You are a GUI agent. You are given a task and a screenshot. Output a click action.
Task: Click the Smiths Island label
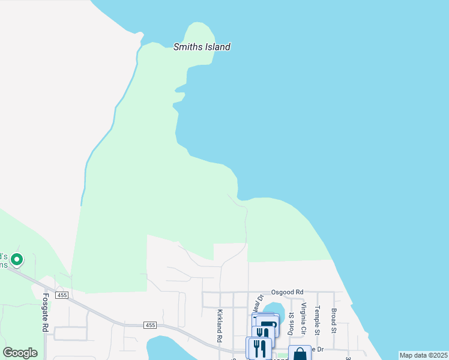pyautogui.click(x=202, y=47)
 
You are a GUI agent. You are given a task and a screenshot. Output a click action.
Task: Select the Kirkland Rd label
pyautogui.click(x=220, y=326)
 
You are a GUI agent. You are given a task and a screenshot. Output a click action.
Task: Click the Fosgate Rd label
pyautogui.click(x=45, y=312)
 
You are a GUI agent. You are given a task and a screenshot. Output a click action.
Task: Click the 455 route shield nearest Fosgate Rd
pyautogui.click(x=62, y=295)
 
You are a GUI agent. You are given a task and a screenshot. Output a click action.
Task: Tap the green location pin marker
pyautogui.click(x=17, y=260)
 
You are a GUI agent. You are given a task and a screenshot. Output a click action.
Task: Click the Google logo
pyautogui.click(x=20, y=353)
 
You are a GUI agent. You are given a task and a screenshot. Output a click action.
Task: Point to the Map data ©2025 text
pyautogui.click(x=423, y=355)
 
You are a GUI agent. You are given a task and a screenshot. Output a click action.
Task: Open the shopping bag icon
pyautogui.click(x=300, y=354)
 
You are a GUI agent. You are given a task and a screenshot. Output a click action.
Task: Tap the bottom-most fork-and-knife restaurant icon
pyautogui.click(x=258, y=349)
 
